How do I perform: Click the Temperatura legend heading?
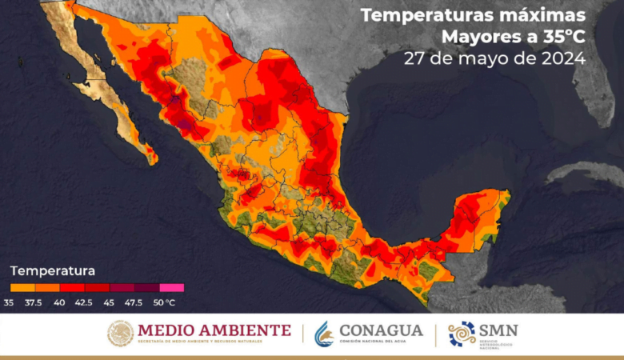[53, 270]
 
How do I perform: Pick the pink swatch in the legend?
[171, 287]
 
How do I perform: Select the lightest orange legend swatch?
[22, 287]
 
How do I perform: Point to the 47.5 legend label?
[134, 302]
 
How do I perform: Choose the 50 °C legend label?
[164, 302]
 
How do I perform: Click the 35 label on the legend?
[9, 302]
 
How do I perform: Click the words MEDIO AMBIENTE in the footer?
[214, 330]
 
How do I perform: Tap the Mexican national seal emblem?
[121, 333]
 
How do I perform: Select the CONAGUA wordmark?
[381, 330]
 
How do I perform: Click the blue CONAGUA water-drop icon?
[325, 333]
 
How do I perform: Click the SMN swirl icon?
[462, 334]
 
